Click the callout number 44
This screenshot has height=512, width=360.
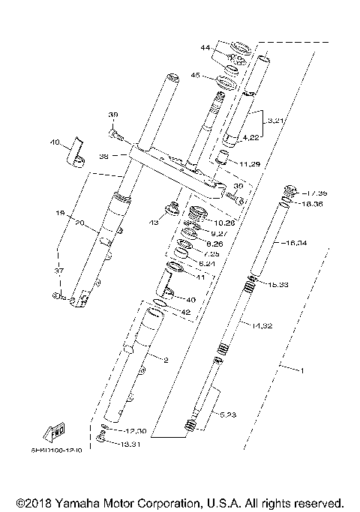(205, 48)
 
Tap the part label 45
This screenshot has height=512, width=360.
(196, 76)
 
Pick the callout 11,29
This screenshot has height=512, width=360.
(250, 163)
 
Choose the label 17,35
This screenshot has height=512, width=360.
(306, 193)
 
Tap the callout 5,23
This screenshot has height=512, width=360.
(229, 413)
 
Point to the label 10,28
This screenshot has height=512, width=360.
(224, 223)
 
